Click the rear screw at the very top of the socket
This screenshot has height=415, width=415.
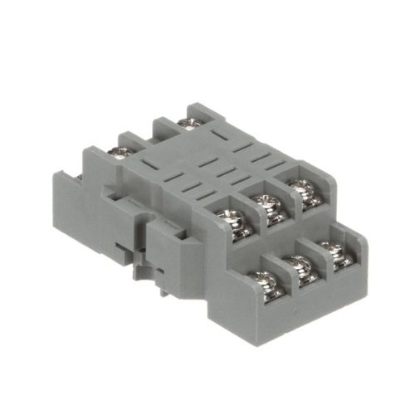[x=188, y=124]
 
